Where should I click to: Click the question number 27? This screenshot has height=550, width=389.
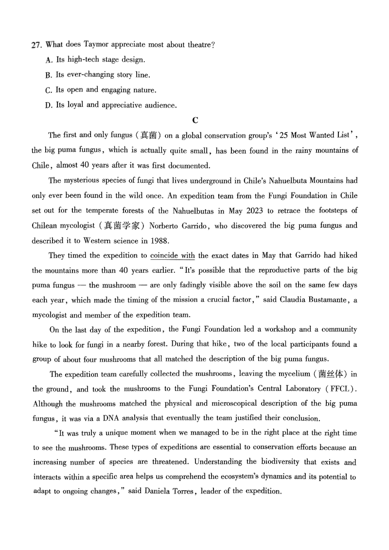click(x=35, y=45)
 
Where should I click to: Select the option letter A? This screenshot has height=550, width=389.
click(x=48, y=60)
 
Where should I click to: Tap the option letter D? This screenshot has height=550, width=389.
click(x=48, y=105)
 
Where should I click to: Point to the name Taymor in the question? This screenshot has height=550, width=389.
click(x=96, y=45)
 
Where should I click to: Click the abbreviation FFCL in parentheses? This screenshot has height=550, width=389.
click(x=337, y=389)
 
